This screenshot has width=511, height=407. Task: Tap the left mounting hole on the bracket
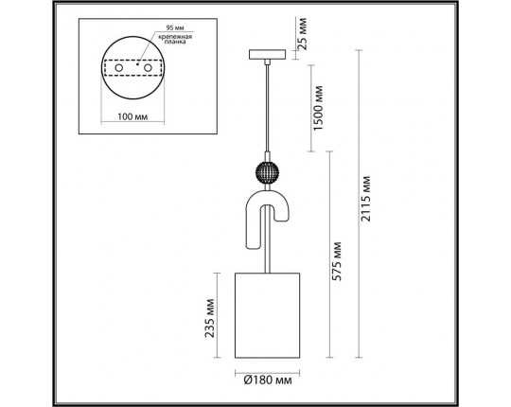coord(122,67)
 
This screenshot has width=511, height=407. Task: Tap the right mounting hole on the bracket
coord(149,67)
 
